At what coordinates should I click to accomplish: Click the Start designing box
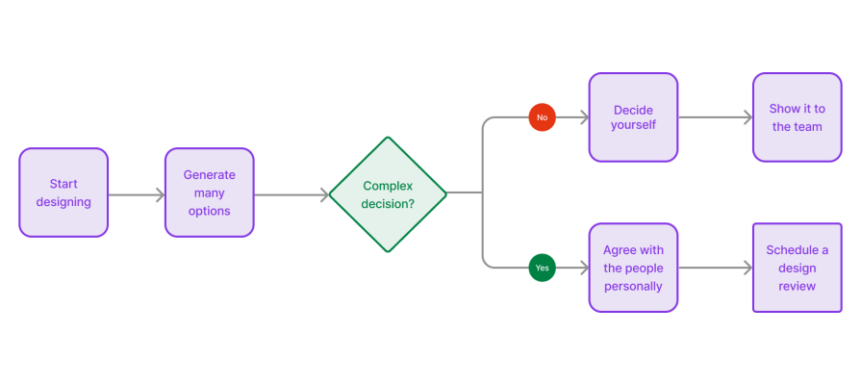[x=63, y=192]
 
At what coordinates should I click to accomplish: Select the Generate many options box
[x=209, y=192]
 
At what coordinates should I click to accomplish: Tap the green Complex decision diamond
[x=388, y=194]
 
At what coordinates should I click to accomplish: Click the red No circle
[x=542, y=117]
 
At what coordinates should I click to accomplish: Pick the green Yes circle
[x=542, y=268]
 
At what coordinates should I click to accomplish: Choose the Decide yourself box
[x=633, y=116]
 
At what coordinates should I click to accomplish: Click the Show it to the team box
[x=797, y=116]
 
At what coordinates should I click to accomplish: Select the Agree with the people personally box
[x=633, y=268]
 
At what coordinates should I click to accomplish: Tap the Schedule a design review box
[x=797, y=268]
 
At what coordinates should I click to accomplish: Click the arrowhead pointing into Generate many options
[x=160, y=194]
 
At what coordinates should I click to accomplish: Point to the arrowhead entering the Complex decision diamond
[x=323, y=194]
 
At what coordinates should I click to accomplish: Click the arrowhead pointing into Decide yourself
[x=583, y=117]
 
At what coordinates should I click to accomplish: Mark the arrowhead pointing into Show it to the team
[x=747, y=117]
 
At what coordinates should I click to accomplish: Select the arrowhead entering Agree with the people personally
[x=583, y=268]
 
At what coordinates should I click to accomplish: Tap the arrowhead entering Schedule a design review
[x=747, y=268]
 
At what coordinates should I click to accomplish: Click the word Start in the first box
[x=63, y=184]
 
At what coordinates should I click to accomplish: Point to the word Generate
[x=209, y=175]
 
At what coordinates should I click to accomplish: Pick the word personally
[x=633, y=286]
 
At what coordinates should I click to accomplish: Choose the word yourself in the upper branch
[x=633, y=126]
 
